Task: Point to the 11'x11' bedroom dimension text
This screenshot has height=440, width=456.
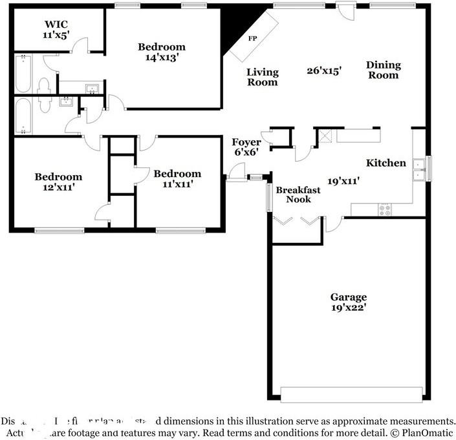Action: coord(177,184)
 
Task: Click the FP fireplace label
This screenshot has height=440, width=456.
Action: coord(252,39)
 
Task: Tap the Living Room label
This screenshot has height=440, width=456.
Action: coord(263,77)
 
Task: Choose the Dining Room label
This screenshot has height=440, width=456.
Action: coord(383,70)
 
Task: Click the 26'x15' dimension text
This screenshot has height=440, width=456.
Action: coord(324,70)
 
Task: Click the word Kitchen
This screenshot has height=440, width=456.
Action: coord(386,163)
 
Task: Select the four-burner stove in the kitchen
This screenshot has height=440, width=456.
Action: coord(384,209)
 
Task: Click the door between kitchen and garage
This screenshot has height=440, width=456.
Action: coord(333,224)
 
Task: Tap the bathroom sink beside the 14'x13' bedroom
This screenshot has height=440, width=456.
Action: coord(91,88)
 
